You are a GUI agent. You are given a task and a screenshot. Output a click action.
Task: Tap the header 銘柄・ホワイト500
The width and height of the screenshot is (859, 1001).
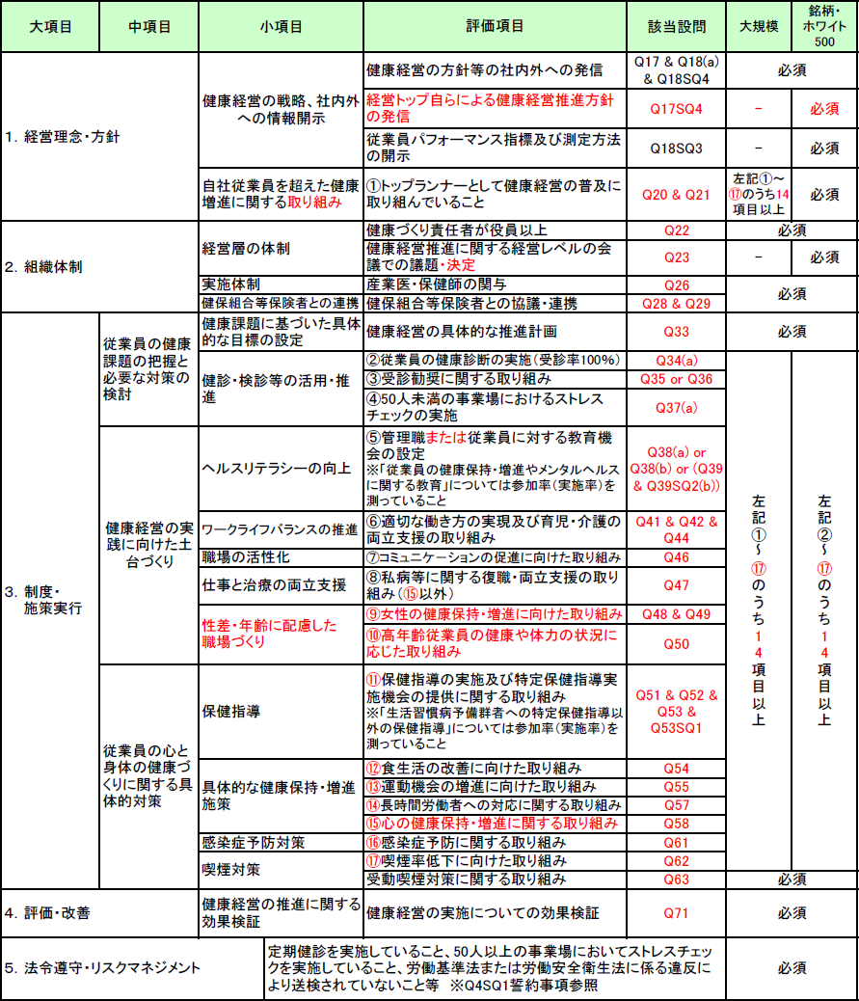824,26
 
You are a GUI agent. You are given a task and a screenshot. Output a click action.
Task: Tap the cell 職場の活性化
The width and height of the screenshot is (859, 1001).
246,557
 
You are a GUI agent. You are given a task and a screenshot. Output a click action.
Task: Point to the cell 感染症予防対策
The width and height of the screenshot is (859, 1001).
254,842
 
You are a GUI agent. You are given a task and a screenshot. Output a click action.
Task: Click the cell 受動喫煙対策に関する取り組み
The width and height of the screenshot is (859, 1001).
466,879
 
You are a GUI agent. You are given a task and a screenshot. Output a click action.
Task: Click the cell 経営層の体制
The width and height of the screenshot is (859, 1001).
246,249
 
